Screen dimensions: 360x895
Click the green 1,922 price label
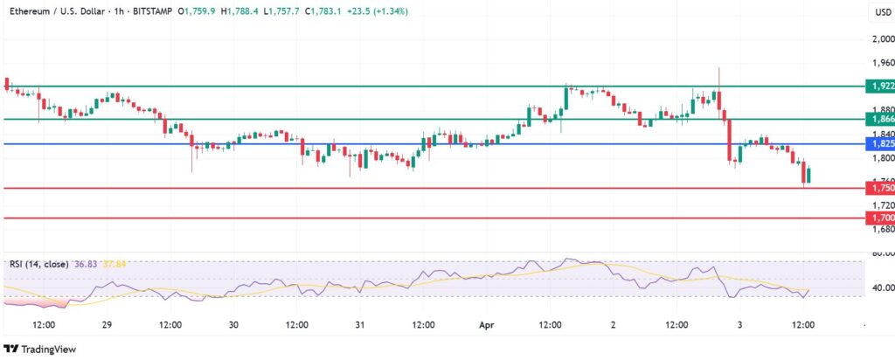(878, 87)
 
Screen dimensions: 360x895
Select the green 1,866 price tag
(878, 119)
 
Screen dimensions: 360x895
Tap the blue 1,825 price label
(878, 143)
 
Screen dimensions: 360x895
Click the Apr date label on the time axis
(486, 325)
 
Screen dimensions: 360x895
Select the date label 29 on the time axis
(107, 325)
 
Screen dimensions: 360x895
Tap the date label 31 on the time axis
(360, 325)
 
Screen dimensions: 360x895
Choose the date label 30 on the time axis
(233, 325)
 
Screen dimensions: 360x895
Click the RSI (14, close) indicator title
(44, 263)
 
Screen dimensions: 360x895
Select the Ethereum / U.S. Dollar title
(58, 11)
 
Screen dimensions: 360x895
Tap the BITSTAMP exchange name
(149, 11)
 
